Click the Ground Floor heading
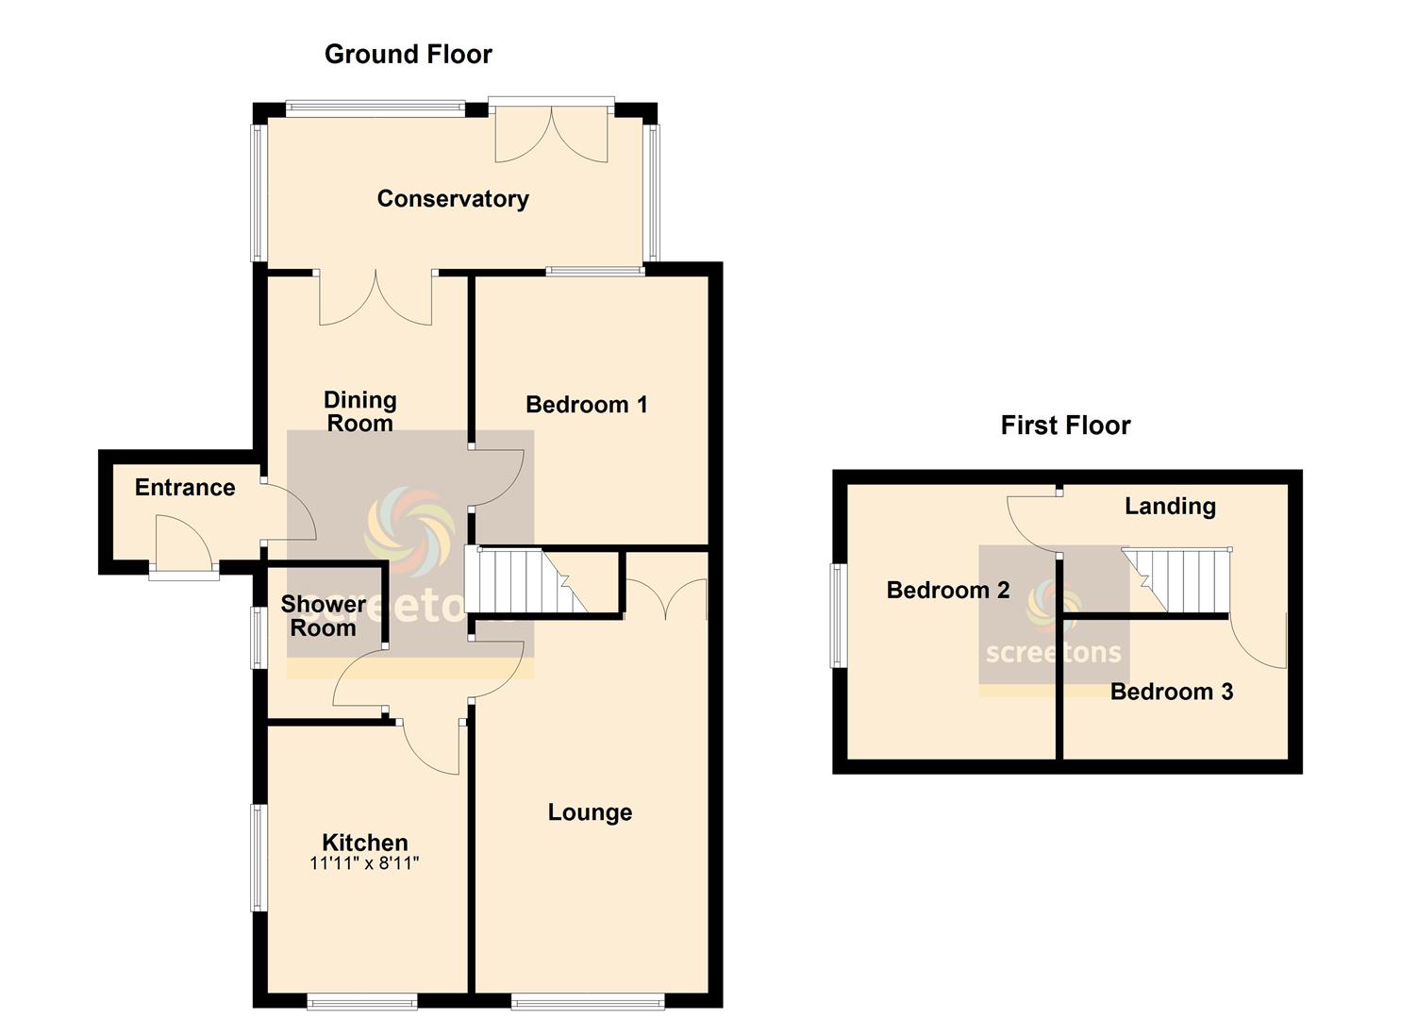408,55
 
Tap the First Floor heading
1065,426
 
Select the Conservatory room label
453,199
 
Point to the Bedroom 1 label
586,405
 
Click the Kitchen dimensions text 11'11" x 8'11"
364,864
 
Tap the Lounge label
590,812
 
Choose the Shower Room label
323,616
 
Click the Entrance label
185,487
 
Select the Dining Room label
359,411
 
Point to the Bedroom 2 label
948,590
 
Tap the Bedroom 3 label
1172,692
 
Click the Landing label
1170,506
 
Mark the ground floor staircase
526,580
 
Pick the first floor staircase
1176,581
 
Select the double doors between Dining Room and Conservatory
375,299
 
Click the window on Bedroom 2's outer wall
836,615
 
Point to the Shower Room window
257,638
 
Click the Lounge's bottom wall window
588,1003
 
